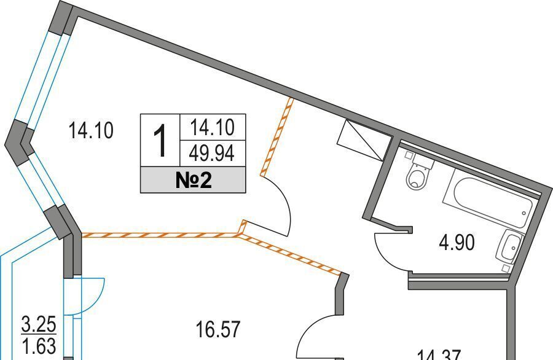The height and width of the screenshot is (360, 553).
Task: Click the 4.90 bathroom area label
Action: click(x=456, y=243)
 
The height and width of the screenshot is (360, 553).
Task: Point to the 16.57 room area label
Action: click(x=218, y=329)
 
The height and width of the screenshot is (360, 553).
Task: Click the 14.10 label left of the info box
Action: click(x=91, y=131)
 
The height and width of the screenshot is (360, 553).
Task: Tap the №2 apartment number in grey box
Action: click(x=193, y=181)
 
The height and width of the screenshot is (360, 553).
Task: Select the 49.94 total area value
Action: click(x=213, y=153)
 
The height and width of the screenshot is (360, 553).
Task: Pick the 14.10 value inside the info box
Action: click(x=213, y=127)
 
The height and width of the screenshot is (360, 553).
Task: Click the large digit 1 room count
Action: click(x=160, y=140)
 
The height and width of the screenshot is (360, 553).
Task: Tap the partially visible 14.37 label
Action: click(x=440, y=354)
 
